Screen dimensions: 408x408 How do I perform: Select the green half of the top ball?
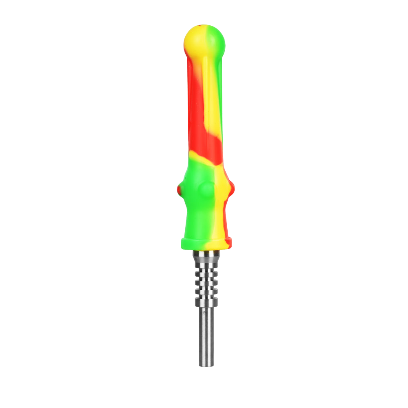217,39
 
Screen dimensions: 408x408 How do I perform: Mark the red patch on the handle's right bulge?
231,188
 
